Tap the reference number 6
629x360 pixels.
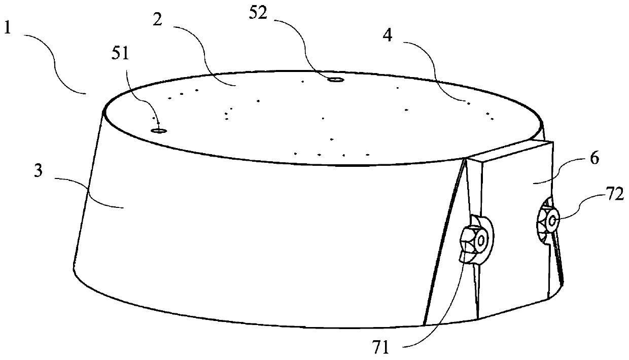pyautogui.click(x=595, y=159)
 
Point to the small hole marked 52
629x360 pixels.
pyautogui.click(x=334, y=80)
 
